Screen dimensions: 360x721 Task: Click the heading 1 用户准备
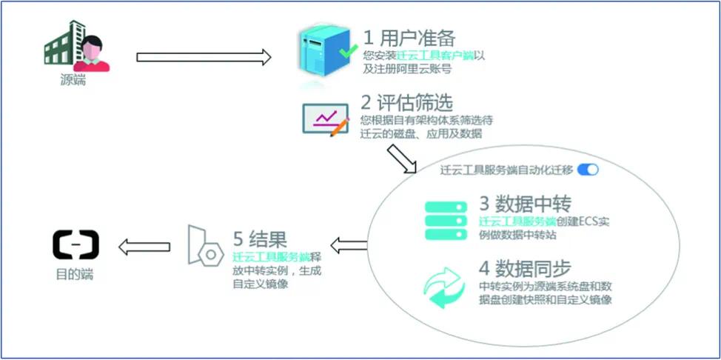pyautogui.click(x=409, y=37)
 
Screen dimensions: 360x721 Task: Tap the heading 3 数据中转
pyautogui.click(x=526, y=202)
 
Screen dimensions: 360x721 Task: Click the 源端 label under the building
pyautogui.click(x=73, y=80)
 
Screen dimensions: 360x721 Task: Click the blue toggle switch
pyautogui.click(x=588, y=170)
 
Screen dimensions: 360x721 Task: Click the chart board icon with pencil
pyautogui.click(x=326, y=119)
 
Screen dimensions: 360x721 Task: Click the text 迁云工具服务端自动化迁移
pyautogui.click(x=506, y=170)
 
